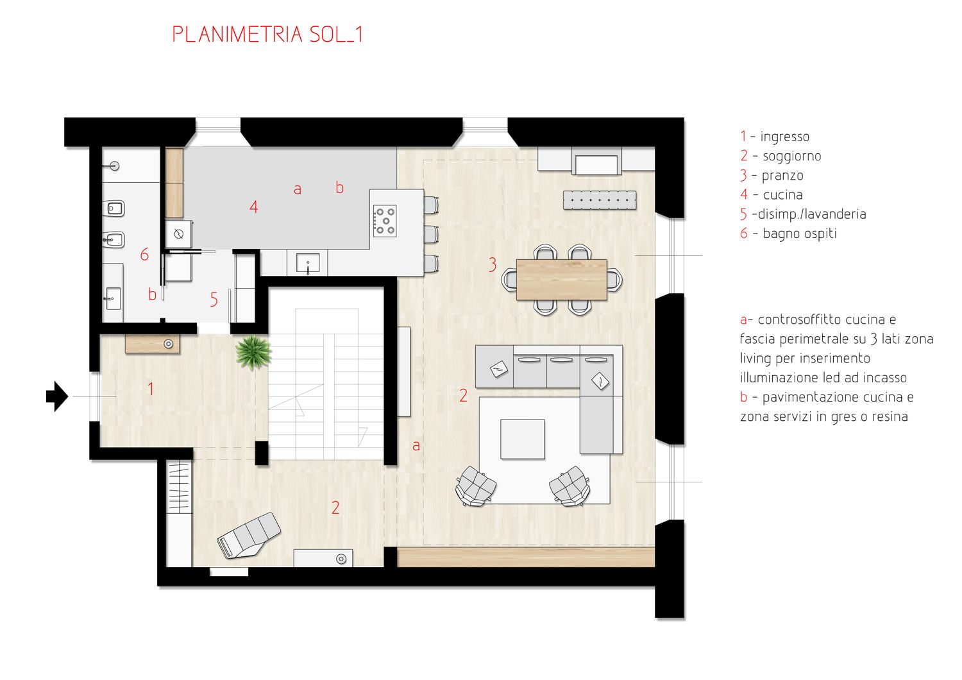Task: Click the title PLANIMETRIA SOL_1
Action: [267, 35]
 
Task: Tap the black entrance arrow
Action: [57, 396]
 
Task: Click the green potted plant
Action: [253, 352]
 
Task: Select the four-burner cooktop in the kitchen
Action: [385, 221]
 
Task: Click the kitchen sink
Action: [308, 263]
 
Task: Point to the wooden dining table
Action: [562, 279]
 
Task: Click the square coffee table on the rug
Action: [523, 439]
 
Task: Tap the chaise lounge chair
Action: [249, 535]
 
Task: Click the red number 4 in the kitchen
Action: [254, 207]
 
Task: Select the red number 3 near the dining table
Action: [493, 264]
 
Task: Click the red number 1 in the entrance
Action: [151, 389]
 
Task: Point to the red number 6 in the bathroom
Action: [145, 254]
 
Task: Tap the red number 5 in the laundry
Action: [214, 300]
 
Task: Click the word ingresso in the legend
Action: [784, 137]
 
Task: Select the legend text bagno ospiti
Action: [800, 234]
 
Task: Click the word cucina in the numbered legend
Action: [783, 195]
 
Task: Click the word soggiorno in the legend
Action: [792, 157]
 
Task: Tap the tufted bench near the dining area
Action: [600, 200]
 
